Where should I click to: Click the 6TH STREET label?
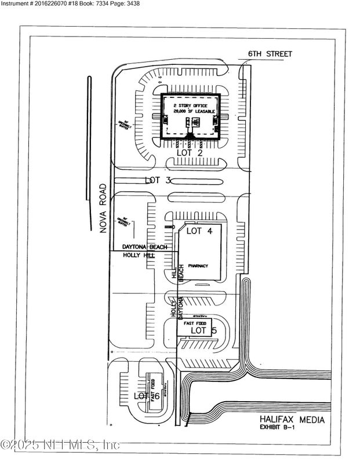point(270,54)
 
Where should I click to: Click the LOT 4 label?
point(201,231)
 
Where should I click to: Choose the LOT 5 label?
point(203,330)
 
